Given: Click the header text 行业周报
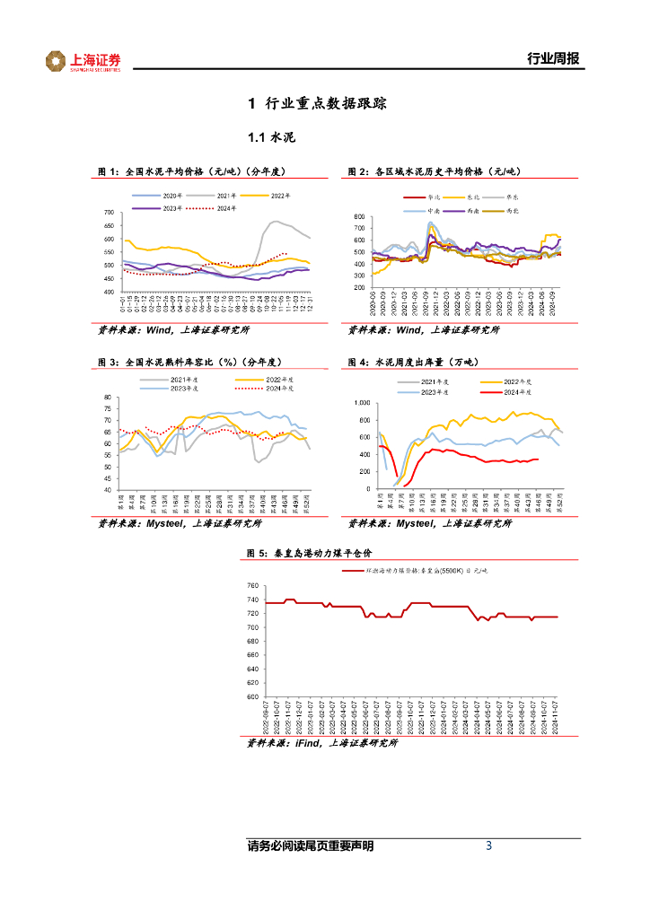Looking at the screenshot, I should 552,59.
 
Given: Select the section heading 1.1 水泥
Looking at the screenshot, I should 271,138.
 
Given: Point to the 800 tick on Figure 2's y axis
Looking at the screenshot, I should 360,217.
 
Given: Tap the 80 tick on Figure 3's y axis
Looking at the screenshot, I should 109,398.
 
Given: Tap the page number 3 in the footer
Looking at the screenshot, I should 488,845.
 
